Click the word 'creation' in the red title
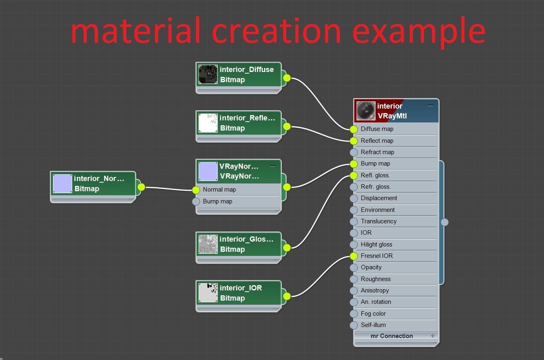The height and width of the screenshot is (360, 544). tap(276, 31)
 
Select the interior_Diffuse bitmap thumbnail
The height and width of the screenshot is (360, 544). tap(208, 74)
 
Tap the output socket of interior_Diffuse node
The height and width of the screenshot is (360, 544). tap(287, 78)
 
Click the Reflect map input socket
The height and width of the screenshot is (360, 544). tap(354, 141)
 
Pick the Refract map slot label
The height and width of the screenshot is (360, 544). tap(377, 152)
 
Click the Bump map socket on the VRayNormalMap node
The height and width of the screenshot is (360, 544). tap(196, 201)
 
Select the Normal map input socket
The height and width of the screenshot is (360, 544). tap(196, 190)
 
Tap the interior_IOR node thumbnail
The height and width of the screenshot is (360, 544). tap(208, 292)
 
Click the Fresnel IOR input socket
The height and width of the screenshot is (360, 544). tap(354, 256)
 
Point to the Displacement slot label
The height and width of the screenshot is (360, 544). tap(379, 198)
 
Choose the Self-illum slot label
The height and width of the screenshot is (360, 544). tap(373, 325)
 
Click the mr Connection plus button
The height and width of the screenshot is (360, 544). tap(433, 336)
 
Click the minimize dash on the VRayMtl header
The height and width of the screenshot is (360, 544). tap(430, 105)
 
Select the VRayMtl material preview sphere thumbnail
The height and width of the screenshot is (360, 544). tap(366, 111)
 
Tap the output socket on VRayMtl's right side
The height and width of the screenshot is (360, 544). tap(445, 222)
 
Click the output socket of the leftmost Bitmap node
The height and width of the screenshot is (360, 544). tap(141, 187)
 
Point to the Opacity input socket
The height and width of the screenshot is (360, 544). tap(354, 268)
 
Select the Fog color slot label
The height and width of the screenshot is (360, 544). tap(373, 314)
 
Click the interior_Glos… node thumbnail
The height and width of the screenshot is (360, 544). tap(208, 244)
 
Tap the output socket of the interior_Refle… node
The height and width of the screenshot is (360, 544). tap(287, 127)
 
